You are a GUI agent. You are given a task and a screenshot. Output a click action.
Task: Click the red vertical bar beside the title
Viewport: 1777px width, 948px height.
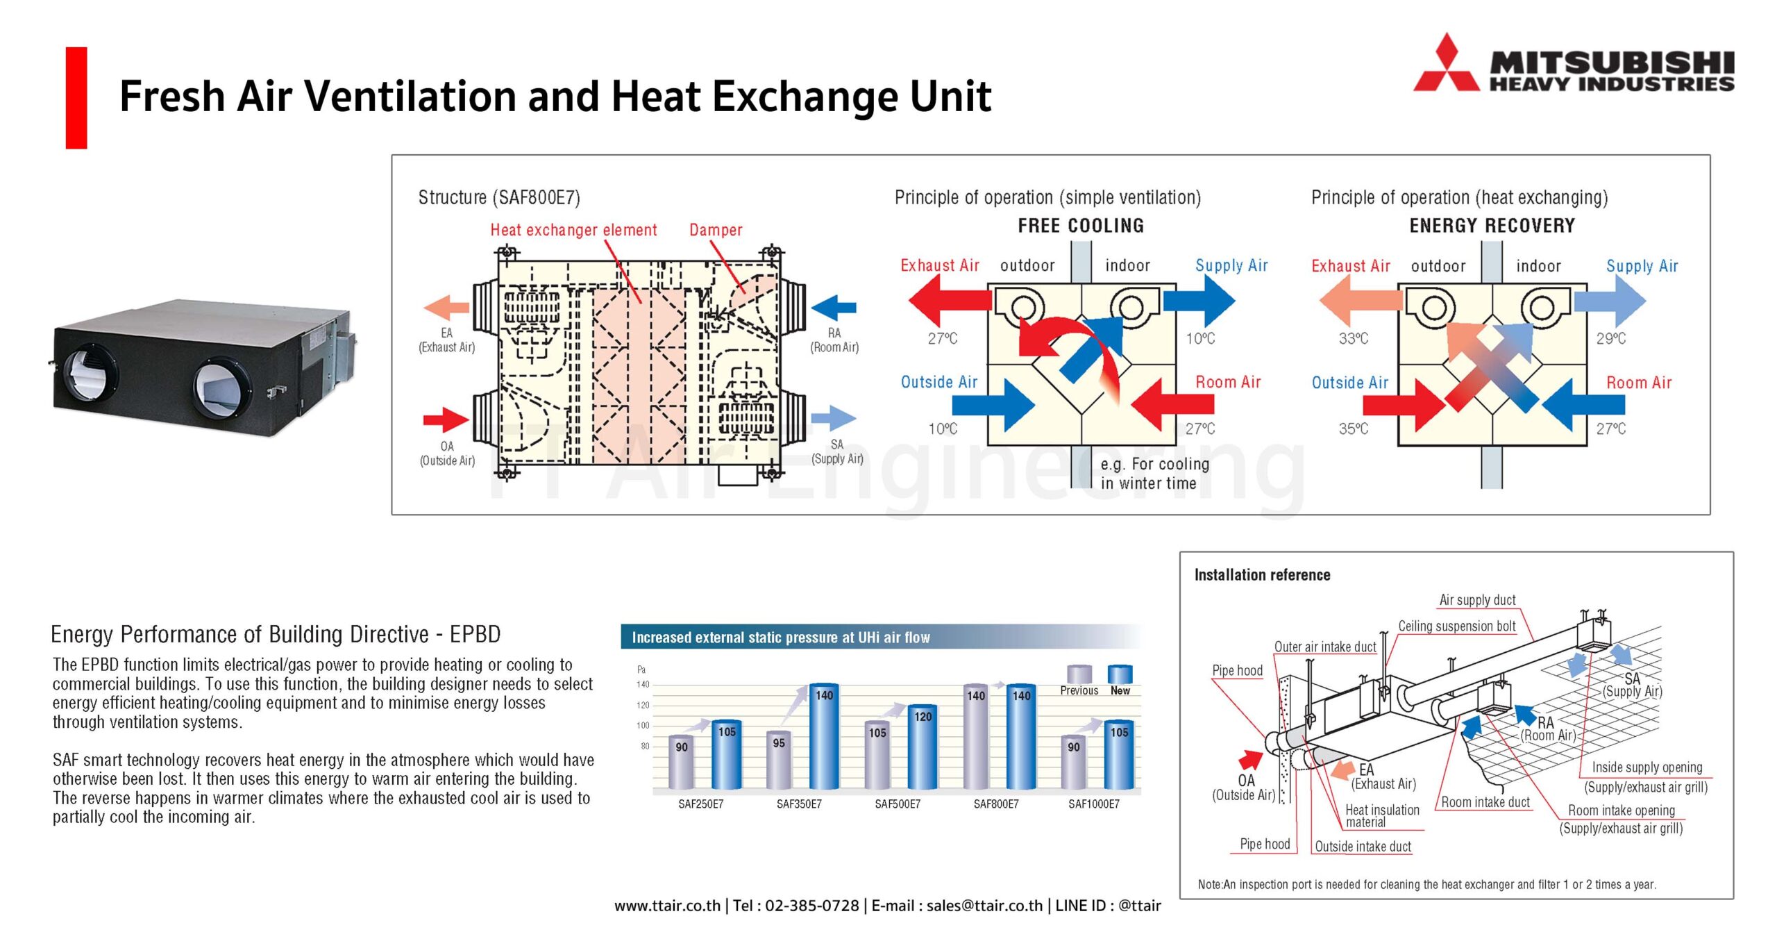tap(76, 98)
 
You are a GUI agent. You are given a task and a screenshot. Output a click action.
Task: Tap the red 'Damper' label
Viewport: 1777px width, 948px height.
tap(716, 230)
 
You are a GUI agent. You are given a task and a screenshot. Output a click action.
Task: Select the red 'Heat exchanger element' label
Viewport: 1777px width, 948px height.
tap(573, 230)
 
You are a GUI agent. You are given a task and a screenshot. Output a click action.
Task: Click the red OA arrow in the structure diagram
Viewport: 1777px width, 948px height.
tap(446, 419)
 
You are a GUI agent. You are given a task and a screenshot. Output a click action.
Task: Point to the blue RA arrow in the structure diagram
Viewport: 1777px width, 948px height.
tap(834, 308)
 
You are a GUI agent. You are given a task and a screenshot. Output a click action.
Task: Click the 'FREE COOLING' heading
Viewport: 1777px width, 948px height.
tap(1081, 226)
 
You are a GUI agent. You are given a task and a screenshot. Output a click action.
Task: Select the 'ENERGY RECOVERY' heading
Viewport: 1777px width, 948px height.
tap(1492, 226)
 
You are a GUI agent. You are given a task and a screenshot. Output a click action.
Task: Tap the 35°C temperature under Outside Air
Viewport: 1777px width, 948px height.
tap(1354, 429)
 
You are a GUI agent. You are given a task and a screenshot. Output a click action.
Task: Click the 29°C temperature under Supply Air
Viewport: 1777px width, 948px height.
tap(1610, 338)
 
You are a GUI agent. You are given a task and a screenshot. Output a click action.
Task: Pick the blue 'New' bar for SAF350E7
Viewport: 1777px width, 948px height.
tap(824, 736)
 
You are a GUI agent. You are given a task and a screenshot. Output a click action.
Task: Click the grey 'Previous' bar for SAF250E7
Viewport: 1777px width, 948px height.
tap(682, 763)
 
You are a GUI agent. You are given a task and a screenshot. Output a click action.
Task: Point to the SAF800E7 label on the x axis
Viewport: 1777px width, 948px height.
tap(996, 804)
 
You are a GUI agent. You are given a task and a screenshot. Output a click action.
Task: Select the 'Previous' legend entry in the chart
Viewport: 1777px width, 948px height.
tap(1079, 681)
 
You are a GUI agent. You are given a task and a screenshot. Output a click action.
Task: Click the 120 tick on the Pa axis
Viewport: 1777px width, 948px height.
tap(643, 705)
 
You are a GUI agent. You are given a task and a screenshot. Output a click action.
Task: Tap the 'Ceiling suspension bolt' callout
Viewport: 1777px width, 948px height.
tap(1457, 626)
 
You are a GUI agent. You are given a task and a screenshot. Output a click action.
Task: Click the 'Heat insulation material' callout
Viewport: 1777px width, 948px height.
tap(1382, 815)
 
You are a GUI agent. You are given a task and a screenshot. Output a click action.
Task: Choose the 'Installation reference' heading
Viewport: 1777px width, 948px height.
tap(1262, 574)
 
